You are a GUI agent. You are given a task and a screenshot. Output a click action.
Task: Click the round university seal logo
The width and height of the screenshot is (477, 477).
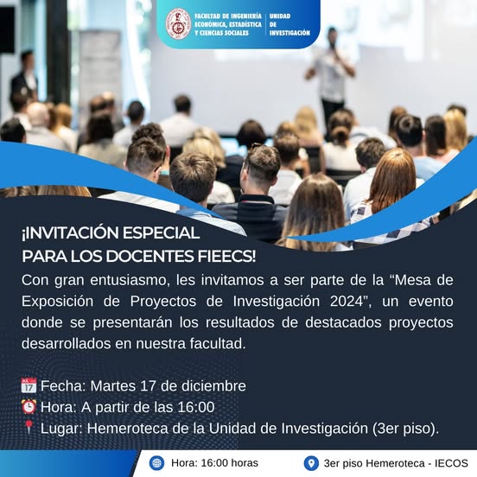pos(178,24)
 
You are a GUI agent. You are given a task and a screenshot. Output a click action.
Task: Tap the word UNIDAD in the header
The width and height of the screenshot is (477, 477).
pos(280,16)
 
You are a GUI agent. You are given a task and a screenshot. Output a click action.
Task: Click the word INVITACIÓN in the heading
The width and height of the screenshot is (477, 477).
pos(70,233)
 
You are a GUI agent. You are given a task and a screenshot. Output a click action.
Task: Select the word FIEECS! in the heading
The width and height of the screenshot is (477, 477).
pos(226,256)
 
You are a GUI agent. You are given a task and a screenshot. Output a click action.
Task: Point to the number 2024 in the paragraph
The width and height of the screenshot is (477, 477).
pos(347,302)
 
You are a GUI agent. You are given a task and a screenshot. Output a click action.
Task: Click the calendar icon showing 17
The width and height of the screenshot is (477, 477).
pos(29,385)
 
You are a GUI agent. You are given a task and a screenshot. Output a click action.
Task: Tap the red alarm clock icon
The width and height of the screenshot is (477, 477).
pos(29,407)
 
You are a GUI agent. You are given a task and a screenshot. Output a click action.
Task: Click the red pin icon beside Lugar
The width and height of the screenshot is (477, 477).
pos(29,427)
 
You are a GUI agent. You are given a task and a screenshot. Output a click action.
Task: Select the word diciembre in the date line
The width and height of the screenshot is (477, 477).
pos(213,386)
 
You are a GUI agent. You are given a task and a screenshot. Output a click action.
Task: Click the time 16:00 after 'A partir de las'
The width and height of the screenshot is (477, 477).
pos(196,407)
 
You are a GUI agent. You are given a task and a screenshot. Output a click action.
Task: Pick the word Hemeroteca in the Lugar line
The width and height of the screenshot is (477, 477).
pos(128,429)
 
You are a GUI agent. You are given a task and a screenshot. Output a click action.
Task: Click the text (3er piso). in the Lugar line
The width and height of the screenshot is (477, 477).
pos(405,429)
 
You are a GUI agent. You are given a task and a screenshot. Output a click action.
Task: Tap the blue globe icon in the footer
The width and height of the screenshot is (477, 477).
pos(157,463)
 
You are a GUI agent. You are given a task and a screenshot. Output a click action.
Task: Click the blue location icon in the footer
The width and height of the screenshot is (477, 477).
pos(311,463)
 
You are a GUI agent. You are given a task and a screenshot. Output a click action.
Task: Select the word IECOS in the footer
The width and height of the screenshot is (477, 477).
pos(451,463)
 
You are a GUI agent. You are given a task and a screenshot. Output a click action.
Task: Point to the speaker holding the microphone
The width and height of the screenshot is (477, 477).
pos(331,73)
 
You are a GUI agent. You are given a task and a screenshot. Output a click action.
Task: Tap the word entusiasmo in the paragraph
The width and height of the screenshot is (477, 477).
pos(130,280)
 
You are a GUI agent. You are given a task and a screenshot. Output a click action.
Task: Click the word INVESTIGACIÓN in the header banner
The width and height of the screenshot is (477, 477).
pos(289,33)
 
